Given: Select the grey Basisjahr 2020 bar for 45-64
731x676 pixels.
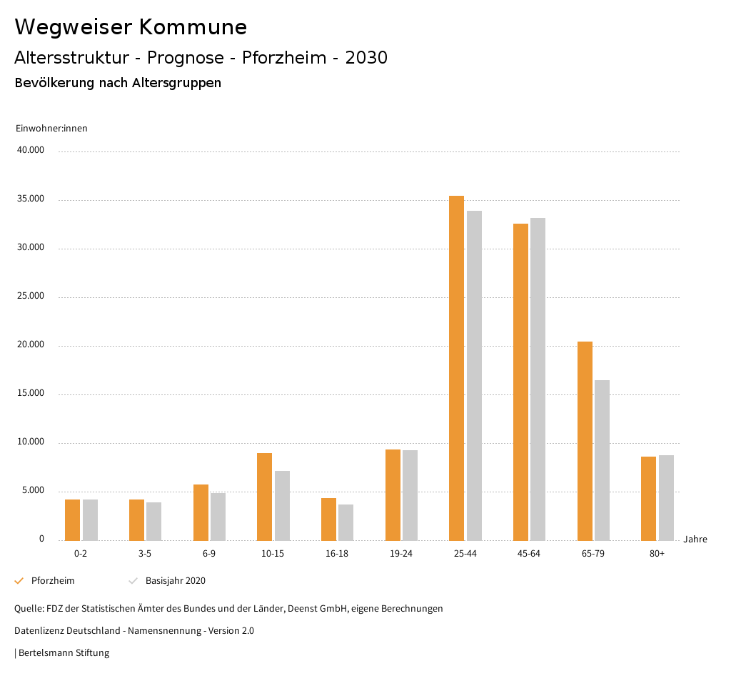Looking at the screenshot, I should pyautogui.click(x=538, y=379).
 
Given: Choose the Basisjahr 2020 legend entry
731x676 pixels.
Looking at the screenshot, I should pyautogui.click(x=175, y=581).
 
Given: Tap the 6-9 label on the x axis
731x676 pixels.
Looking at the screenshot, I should pyautogui.click(x=209, y=554).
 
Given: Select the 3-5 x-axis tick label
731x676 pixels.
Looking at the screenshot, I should pyautogui.click(x=145, y=554).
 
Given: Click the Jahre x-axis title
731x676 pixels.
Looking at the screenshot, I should pyautogui.click(x=695, y=540).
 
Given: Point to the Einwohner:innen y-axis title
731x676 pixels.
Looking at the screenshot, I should pyautogui.click(x=51, y=129).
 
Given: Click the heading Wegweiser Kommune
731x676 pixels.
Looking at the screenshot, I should pyautogui.click(x=131, y=27).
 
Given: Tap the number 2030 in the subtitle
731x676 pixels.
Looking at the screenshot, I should pyautogui.click(x=366, y=58).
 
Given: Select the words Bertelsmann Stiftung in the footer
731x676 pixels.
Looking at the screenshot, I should pyautogui.click(x=64, y=653).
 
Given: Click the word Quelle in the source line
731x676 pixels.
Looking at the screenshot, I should pyautogui.click(x=29, y=609).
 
